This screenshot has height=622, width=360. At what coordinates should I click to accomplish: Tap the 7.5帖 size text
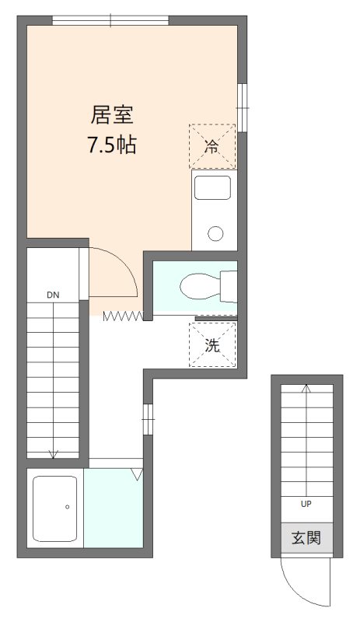113,145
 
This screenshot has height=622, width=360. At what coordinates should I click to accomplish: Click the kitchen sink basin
212,187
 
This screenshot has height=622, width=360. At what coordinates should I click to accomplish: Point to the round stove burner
215,232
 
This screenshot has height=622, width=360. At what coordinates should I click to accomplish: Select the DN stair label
53,295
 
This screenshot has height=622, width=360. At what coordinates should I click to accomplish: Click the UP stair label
306,503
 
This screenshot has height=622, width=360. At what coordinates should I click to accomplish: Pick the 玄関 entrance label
306,538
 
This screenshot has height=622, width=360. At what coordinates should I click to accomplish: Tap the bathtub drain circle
68,507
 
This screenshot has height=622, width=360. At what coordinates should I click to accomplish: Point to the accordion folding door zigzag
124,315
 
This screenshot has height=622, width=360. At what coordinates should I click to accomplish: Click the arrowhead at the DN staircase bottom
53,454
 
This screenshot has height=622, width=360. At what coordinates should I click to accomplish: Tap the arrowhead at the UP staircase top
306,389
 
